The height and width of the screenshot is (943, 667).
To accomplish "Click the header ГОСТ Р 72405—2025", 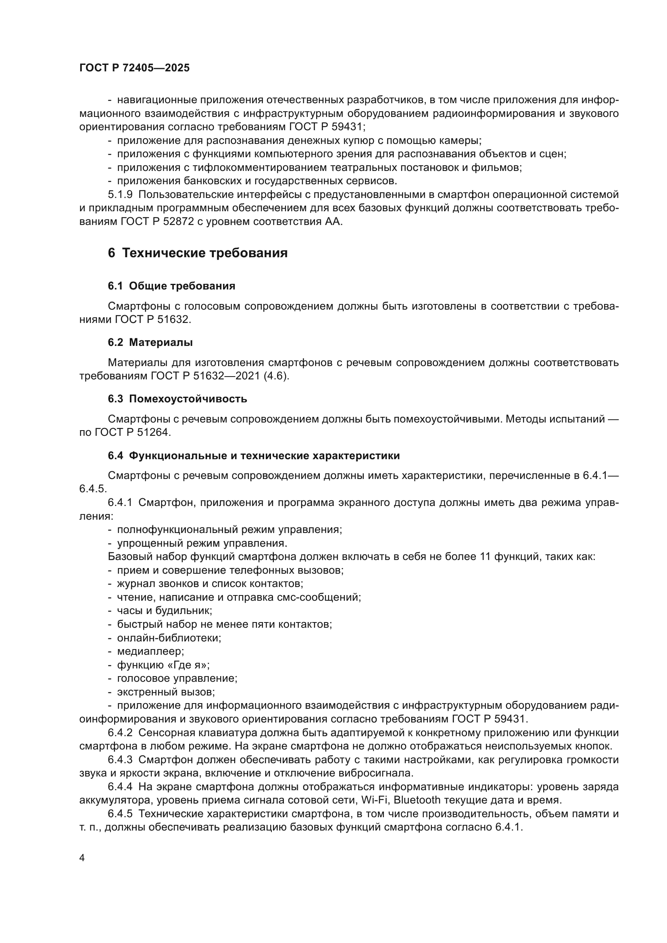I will tap(134, 68).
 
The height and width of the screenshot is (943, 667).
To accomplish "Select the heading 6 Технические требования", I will tap(198, 253).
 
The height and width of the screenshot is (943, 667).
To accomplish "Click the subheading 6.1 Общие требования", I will tap(171, 286).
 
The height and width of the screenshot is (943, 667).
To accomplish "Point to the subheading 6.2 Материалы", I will tap(150, 342).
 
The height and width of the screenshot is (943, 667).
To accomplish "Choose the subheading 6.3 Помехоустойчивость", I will tap(177, 398).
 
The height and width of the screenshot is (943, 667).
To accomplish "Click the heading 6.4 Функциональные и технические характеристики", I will tap(253, 456).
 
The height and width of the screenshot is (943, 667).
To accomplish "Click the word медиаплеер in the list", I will tap(150, 651).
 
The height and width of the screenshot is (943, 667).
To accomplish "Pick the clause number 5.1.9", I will tap(120, 194).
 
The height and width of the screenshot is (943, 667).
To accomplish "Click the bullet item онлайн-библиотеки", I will tap(169, 638).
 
